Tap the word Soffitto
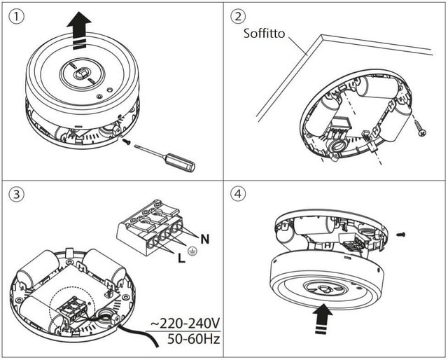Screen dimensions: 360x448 (x=265, y=33)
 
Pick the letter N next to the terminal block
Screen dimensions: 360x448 (x=205, y=239)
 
